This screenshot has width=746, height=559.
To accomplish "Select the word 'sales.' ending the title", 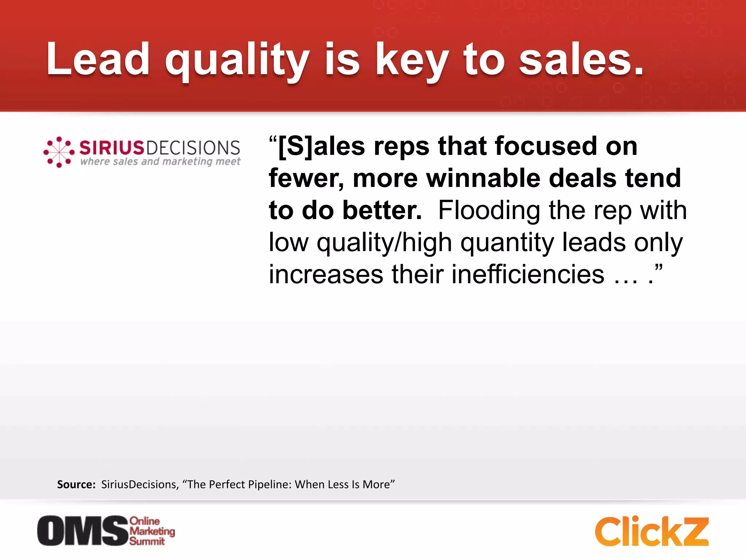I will tap(581, 60).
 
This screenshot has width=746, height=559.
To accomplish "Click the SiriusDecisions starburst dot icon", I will tap(59, 152).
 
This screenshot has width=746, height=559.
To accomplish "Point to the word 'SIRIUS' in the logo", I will tap(112, 148).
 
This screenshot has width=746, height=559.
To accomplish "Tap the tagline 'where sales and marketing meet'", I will tap(160, 161).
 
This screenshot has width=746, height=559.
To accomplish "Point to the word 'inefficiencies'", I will tap(528, 274).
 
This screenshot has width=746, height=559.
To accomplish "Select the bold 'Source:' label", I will tap(76, 484).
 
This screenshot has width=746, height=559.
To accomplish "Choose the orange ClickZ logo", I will tap(652, 531).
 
